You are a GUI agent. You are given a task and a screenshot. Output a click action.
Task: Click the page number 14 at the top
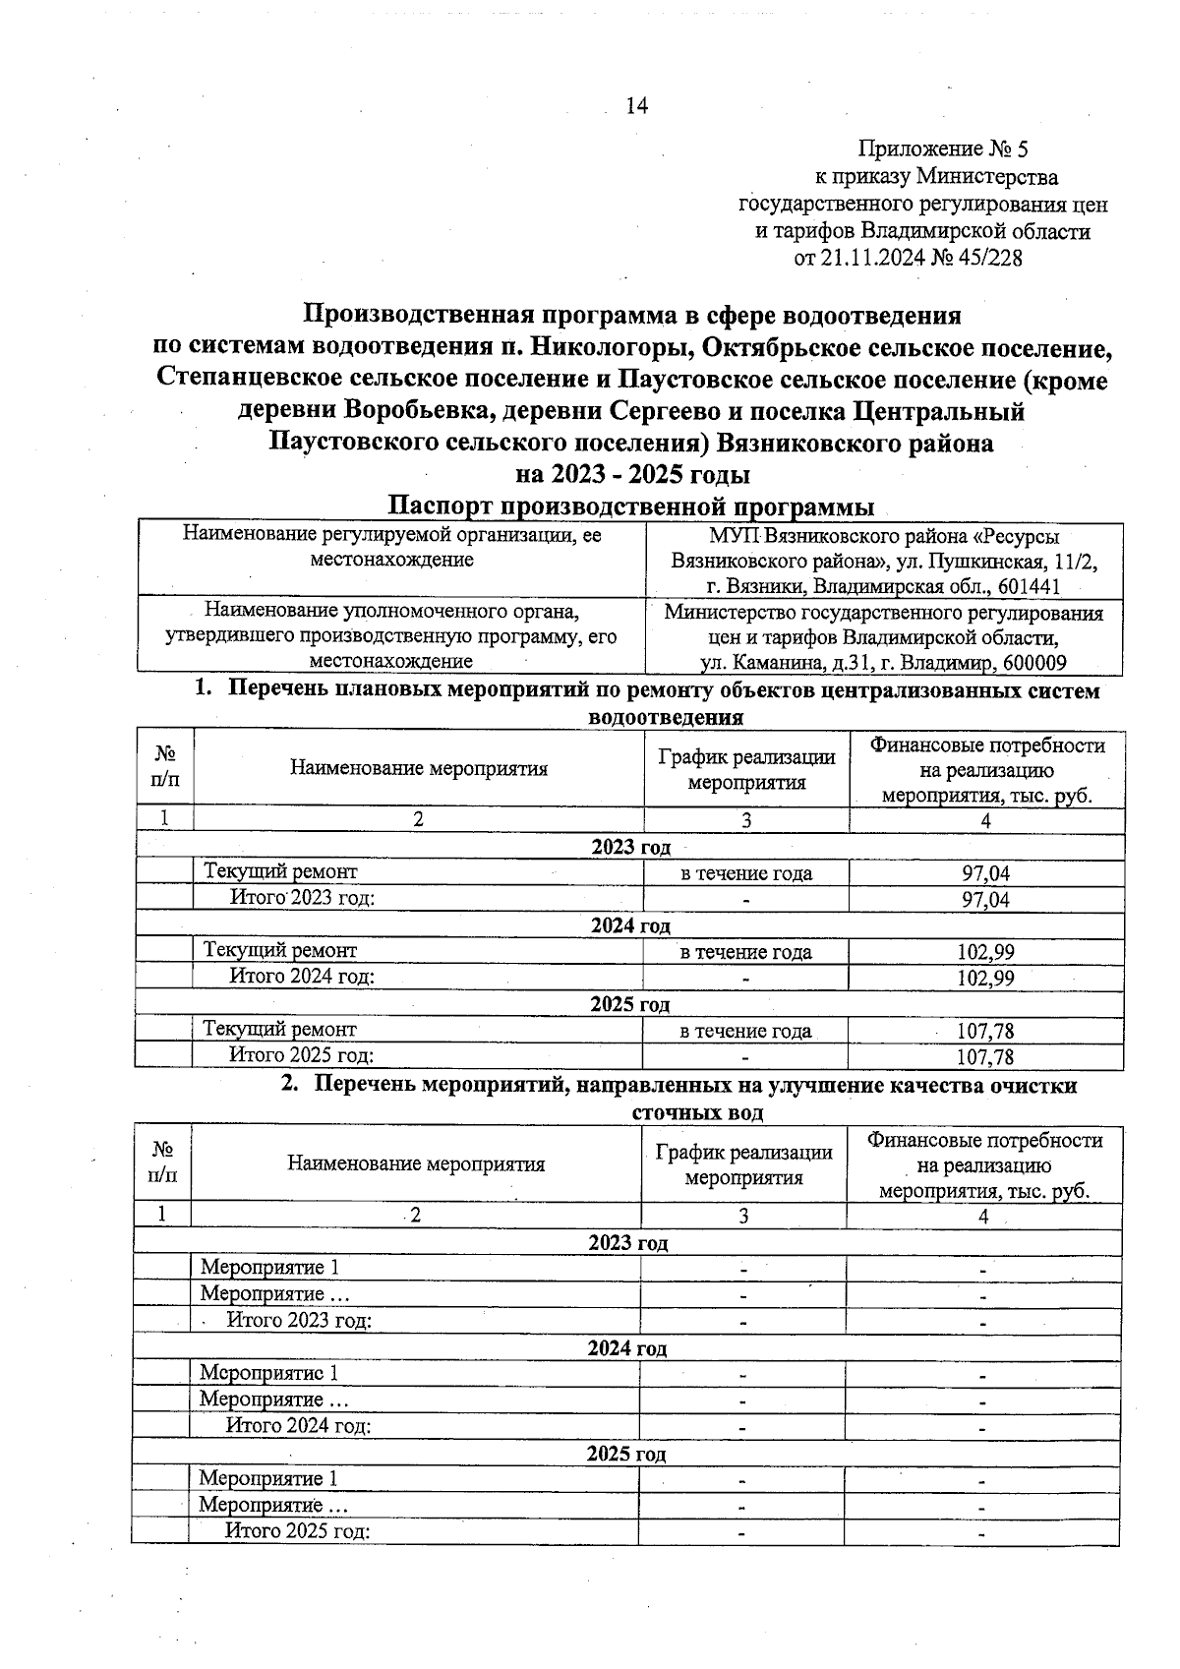coord(636,105)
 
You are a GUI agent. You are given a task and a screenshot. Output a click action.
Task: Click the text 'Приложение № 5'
coord(942,149)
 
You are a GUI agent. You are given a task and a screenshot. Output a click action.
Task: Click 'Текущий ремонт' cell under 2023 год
coord(280,871)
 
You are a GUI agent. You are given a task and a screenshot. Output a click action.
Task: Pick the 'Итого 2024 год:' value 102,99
coord(985,978)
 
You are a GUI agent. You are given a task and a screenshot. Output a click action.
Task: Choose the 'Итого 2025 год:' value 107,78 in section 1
coord(984,1057)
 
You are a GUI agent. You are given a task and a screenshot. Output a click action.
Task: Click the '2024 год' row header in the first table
coord(630,925)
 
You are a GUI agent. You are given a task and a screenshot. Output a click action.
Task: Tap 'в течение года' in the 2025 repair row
coord(745,1031)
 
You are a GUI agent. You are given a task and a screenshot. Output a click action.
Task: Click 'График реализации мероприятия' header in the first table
coord(746,769)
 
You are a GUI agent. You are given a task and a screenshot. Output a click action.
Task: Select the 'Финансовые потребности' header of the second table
coord(983,1141)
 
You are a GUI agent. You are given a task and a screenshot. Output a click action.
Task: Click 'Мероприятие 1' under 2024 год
coord(268,1373)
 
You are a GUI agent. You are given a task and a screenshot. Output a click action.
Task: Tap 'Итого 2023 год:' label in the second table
coord(299,1320)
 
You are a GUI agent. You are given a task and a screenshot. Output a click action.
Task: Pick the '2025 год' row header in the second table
coord(626,1454)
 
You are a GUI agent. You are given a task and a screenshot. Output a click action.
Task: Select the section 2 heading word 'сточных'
coord(670,1112)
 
